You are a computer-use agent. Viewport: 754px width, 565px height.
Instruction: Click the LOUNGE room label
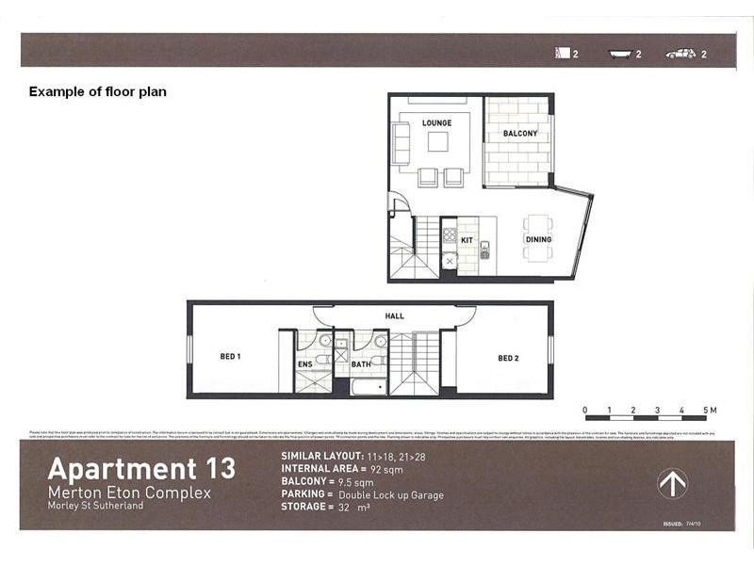point(436,122)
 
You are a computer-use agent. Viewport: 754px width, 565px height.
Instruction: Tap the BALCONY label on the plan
point(519,134)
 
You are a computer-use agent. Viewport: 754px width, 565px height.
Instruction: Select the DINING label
point(538,240)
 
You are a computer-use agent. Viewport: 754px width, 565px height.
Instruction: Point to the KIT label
point(467,240)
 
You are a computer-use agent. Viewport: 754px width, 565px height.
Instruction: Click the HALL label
point(395,315)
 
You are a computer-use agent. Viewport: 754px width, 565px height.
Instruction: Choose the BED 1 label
point(231,358)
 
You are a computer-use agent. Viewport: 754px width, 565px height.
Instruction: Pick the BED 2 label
point(508,358)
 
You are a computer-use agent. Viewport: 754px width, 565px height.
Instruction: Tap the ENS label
point(305,363)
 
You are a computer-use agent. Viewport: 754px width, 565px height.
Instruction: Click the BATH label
point(361,363)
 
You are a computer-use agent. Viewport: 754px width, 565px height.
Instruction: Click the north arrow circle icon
point(672,484)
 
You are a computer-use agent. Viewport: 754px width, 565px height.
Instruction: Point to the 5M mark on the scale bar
point(709,411)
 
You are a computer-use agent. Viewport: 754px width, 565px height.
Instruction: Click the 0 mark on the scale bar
point(584,411)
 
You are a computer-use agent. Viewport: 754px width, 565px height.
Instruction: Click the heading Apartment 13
point(141,468)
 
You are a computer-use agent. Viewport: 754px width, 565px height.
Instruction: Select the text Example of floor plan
point(98,92)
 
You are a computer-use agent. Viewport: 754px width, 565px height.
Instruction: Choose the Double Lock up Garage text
point(391,494)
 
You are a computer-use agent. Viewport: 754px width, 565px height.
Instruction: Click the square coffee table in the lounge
point(438,141)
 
